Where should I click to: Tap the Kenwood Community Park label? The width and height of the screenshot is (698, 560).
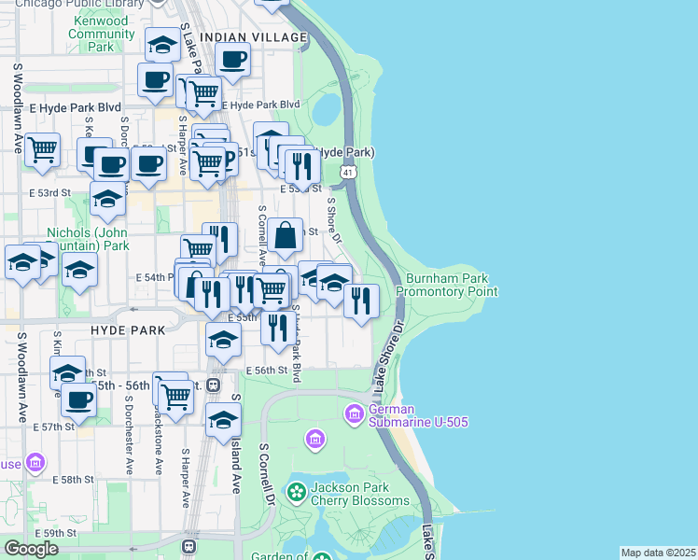102,34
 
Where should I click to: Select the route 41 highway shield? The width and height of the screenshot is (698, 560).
347,173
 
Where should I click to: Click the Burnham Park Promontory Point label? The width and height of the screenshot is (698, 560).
446,285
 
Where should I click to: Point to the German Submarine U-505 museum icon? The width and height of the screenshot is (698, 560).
355,413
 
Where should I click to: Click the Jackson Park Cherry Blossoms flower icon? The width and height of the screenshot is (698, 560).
297,492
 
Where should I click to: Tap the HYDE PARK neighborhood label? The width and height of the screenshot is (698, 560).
129,330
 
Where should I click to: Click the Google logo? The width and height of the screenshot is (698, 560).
31,549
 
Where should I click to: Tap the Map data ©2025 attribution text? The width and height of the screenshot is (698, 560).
657,553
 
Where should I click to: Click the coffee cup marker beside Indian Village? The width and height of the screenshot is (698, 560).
232,61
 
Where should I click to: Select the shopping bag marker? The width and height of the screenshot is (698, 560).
287,234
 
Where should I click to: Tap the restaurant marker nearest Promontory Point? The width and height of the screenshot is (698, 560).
360,300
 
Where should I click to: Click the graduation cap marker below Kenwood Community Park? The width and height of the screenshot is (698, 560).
162,44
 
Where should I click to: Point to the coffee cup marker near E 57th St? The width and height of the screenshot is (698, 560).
78,399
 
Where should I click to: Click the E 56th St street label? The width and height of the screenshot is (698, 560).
268,371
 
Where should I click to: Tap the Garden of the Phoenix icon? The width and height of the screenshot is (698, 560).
321,557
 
